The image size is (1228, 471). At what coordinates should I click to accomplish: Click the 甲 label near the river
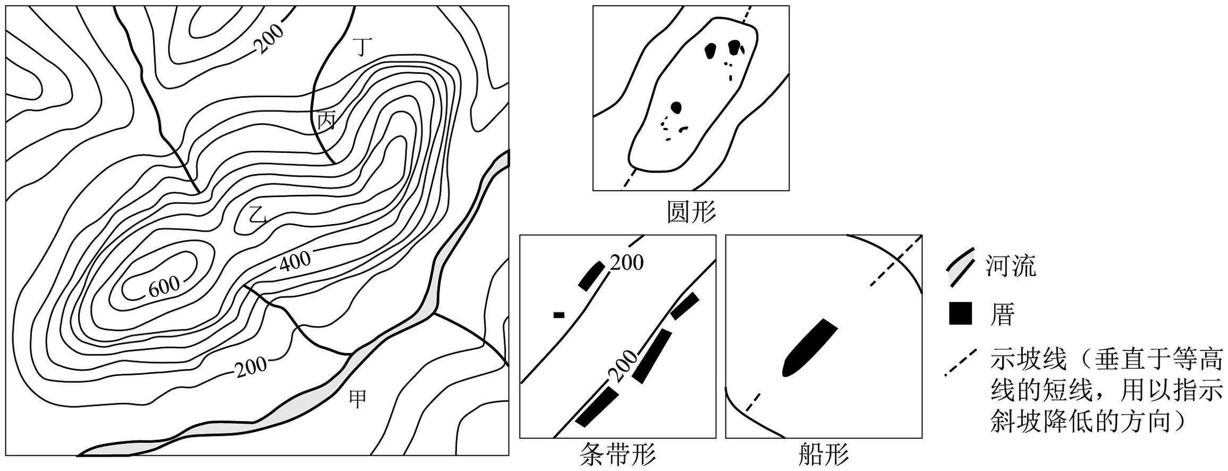(358, 399)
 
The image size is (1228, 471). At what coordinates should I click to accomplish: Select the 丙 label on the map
(326, 121)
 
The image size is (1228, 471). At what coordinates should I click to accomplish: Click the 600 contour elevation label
(164, 287)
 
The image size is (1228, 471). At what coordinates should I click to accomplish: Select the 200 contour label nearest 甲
(251, 366)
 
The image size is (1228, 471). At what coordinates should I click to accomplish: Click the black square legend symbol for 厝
(960, 313)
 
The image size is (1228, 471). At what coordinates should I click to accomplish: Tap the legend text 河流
(1011, 266)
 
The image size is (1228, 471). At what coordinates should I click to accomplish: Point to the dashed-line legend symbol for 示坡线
(960, 363)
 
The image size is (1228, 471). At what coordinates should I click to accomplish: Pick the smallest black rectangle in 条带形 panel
(558, 315)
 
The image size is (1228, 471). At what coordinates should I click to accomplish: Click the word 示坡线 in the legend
(1028, 360)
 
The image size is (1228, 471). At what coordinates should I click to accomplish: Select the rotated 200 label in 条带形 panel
(621, 367)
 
